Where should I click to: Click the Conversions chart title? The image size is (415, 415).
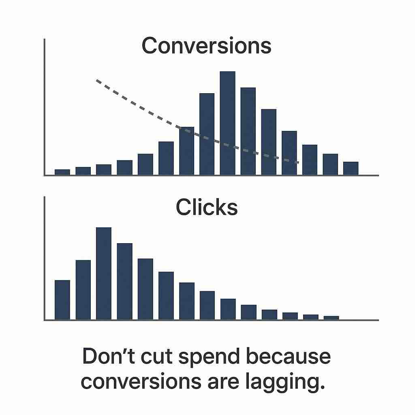coord(206,46)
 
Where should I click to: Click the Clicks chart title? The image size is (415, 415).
coord(207,207)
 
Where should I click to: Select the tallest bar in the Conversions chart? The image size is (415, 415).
coord(227,123)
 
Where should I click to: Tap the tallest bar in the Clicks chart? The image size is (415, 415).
coord(103,274)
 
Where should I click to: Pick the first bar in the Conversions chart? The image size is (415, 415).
coord(62,172)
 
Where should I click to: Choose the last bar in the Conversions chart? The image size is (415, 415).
coord(351,168)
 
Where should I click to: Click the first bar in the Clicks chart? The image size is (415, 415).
coord(62,300)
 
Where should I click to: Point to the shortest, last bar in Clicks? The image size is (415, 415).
coord(331,318)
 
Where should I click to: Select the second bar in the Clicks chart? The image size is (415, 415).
coord(83,290)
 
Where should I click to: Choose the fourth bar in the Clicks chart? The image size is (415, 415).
coord(124,281)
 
